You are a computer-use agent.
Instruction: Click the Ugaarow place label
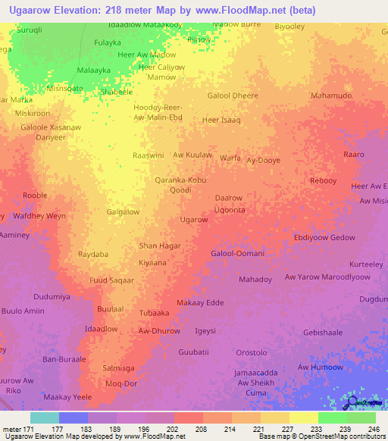click(x=194, y=220)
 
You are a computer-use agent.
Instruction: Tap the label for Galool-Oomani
click(x=237, y=253)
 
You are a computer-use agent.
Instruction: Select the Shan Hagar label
click(x=160, y=246)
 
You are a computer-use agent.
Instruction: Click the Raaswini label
click(x=149, y=155)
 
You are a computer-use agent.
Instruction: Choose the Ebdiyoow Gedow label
click(x=324, y=237)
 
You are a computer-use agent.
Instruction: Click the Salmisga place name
click(x=118, y=367)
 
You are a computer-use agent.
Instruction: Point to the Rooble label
click(x=35, y=195)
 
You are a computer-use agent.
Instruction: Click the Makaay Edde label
click(x=200, y=303)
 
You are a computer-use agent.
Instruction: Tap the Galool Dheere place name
click(x=233, y=96)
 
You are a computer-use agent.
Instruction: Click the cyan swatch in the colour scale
click(x=45, y=418)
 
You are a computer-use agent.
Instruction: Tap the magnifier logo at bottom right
click(x=353, y=402)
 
